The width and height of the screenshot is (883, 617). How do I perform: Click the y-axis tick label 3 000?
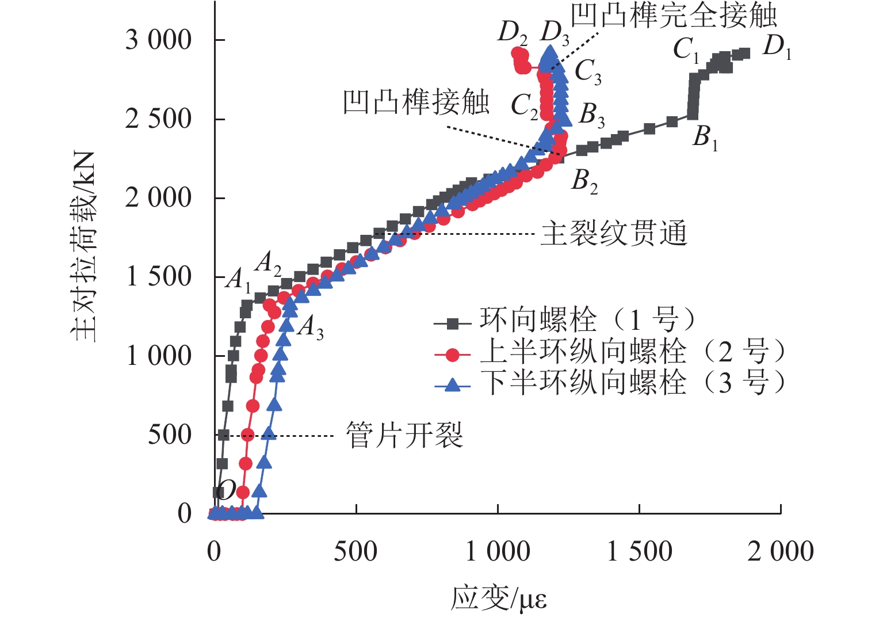click(158, 40)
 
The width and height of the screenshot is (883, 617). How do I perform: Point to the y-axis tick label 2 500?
click(158, 119)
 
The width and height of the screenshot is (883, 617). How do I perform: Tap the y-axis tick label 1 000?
click(158, 356)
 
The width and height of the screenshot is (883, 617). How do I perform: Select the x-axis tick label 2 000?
click(780, 551)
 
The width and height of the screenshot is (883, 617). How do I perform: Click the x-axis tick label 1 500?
click(640, 551)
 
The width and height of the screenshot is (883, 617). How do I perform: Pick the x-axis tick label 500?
click(356, 551)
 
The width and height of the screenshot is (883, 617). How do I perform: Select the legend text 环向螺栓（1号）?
click(587, 320)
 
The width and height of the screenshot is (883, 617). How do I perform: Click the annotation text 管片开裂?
click(404, 435)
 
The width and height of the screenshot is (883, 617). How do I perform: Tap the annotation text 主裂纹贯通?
click(614, 234)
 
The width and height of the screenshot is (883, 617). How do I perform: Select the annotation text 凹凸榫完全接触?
click(674, 16)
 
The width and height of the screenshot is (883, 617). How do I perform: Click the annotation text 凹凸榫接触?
click(416, 102)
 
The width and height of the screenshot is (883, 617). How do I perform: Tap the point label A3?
click(311, 327)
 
